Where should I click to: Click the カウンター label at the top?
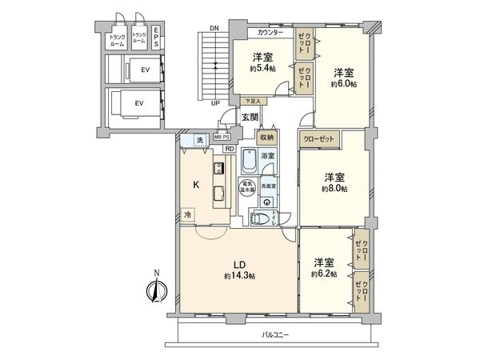coord(270,33)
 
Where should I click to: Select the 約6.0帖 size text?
coord(345,83)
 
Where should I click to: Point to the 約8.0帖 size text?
coord(334,190)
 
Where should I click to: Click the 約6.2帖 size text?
coord(324,274)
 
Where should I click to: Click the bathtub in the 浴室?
coord(249,163)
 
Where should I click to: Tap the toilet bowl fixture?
coord(258,218)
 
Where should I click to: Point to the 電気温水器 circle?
coord(248,189)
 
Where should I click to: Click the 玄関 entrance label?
coord(250,118)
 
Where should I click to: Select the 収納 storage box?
coord(267,138)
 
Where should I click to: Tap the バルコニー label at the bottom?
coord(274,334)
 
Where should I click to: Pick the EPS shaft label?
coord(156,37)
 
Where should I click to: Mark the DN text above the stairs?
coord(214,28)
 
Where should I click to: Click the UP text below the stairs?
coord(214,103)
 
